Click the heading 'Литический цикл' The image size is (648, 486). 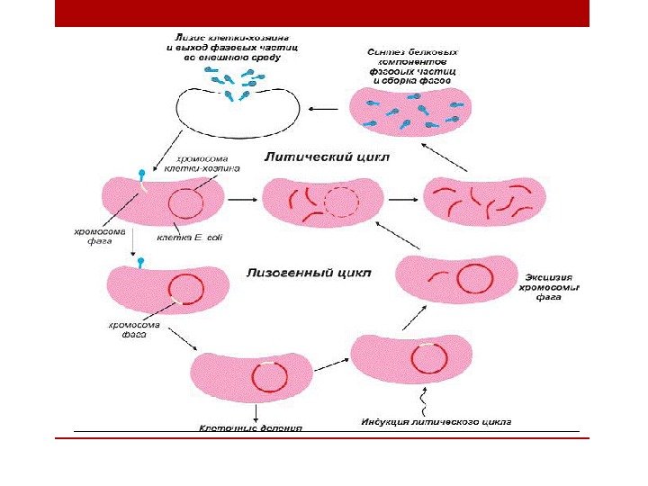[327, 157]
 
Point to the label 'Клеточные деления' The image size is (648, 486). [250, 428]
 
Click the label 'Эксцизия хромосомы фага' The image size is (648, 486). [550, 280]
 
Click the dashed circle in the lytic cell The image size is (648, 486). [341, 202]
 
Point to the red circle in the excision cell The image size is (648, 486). [473, 278]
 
